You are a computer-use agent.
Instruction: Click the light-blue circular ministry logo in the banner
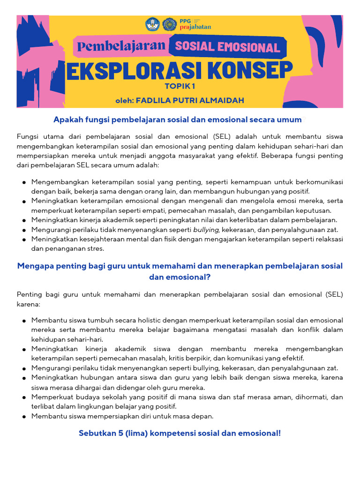(x=152, y=24)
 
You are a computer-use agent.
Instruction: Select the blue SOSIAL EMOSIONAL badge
(x=227, y=47)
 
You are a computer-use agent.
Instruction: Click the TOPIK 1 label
(x=180, y=86)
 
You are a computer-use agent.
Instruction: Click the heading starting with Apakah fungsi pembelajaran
(x=177, y=120)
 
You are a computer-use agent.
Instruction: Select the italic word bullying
(x=206, y=230)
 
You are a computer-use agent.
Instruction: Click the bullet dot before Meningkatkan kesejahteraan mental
(x=23, y=240)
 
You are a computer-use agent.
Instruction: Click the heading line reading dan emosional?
(x=180, y=277)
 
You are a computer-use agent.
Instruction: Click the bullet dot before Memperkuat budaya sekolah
(x=23, y=397)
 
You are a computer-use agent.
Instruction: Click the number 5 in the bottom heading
(x=113, y=433)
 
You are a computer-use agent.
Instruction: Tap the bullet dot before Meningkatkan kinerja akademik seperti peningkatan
(x=23, y=220)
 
